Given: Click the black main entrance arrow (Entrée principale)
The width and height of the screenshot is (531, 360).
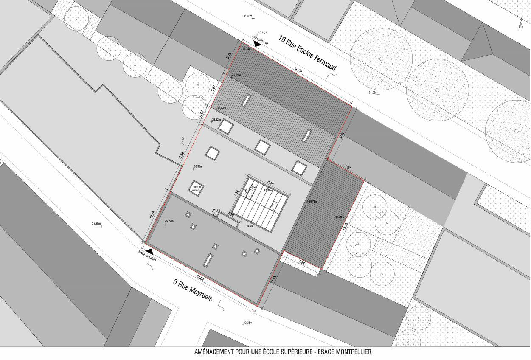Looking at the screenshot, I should point(257,43).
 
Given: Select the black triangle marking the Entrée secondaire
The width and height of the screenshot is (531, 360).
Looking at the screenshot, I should point(149,252).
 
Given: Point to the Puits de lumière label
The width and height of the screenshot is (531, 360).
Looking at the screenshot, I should point(196,188).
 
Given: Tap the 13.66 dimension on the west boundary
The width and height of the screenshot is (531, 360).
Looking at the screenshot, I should point(182,156).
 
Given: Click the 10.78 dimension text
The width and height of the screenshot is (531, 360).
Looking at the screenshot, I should point(152,215).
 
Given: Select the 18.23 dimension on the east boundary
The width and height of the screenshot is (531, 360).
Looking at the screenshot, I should point(345,227).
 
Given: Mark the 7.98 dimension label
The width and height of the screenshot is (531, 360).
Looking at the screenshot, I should point(348,168).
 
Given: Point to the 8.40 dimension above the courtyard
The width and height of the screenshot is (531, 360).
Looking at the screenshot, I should point(270,183).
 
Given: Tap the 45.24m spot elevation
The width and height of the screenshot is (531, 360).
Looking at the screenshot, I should point(169,221).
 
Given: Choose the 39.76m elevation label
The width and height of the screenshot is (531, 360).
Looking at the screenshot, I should point(313,201).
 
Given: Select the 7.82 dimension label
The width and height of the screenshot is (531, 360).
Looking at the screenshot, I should point(302,263).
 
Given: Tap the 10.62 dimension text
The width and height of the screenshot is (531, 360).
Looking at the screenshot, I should point(341,135).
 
